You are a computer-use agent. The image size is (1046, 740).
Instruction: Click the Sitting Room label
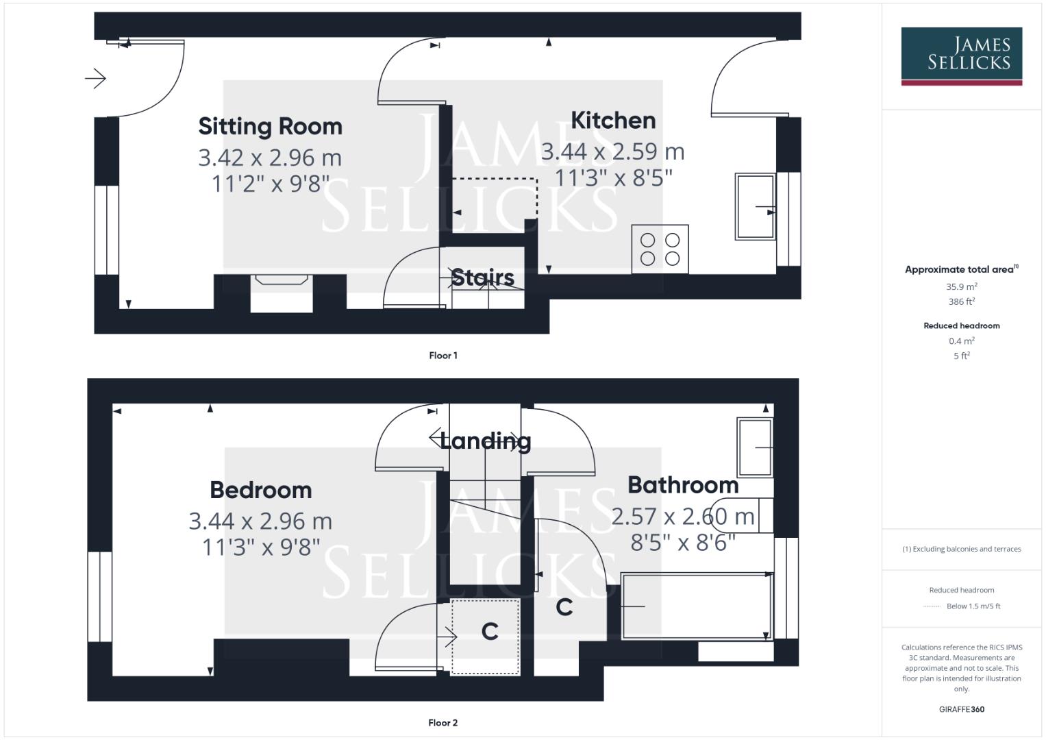tap(270, 127)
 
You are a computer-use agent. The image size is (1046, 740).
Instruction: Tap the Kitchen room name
tap(613, 121)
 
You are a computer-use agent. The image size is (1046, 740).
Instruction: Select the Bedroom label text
tap(260, 491)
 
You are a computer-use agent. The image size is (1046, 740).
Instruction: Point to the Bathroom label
tap(683, 486)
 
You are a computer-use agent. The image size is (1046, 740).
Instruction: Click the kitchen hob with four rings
tap(660, 249)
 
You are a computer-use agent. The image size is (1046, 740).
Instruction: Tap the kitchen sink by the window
tap(755, 206)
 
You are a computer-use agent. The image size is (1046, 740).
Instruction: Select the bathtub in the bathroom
tap(696, 606)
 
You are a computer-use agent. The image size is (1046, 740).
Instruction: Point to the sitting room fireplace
tap(282, 280)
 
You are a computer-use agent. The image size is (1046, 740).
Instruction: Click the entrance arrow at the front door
tap(96, 79)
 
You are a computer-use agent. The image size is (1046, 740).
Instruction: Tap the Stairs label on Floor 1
tap(482, 278)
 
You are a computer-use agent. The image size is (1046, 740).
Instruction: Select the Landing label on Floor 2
tap(485, 441)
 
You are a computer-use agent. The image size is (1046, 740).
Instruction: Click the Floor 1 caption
tap(443, 356)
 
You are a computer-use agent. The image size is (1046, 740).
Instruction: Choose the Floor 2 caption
tap(443, 723)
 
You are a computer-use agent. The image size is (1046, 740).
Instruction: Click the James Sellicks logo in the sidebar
tap(961, 55)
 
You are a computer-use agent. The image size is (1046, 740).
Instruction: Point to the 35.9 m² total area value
tap(961, 287)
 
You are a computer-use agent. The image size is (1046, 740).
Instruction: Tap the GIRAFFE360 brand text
tap(961, 710)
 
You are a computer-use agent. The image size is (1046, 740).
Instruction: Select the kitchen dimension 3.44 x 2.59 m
tap(612, 151)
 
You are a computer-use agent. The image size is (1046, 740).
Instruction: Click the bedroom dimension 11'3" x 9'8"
tap(261, 547)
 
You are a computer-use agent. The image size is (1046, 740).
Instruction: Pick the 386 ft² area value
tap(961, 301)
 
